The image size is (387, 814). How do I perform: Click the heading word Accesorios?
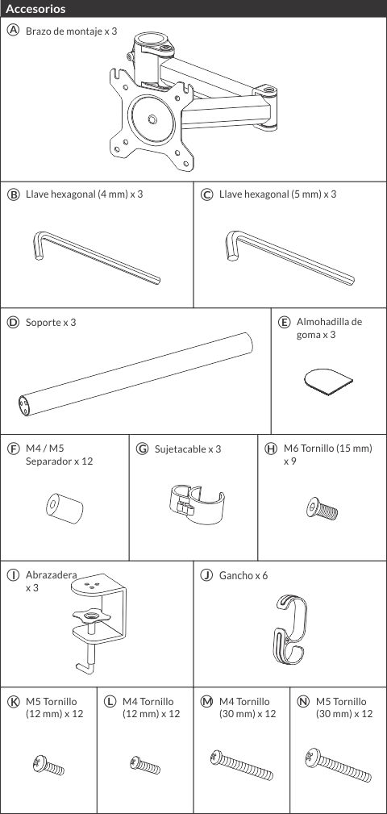point(35,9)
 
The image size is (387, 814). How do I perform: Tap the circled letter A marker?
point(13,31)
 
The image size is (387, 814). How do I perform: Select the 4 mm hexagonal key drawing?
point(97,258)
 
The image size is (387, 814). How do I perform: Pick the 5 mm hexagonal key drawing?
point(290,258)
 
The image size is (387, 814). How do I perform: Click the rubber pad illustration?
point(327,382)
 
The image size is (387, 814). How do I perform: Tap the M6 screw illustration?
point(322,508)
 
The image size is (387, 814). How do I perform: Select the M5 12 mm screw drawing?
point(48,766)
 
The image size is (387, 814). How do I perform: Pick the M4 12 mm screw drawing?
point(145,765)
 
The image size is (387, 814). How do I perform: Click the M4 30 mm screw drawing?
point(242,766)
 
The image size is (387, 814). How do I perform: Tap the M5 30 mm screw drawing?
point(339,766)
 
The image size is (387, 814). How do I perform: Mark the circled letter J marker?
point(206,575)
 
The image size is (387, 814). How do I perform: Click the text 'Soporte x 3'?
point(51,323)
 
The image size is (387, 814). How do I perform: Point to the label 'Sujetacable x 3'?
point(188,449)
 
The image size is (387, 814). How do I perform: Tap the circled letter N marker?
point(303,702)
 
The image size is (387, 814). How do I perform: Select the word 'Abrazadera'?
point(52,575)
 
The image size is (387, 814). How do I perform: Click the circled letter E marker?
point(284,322)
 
